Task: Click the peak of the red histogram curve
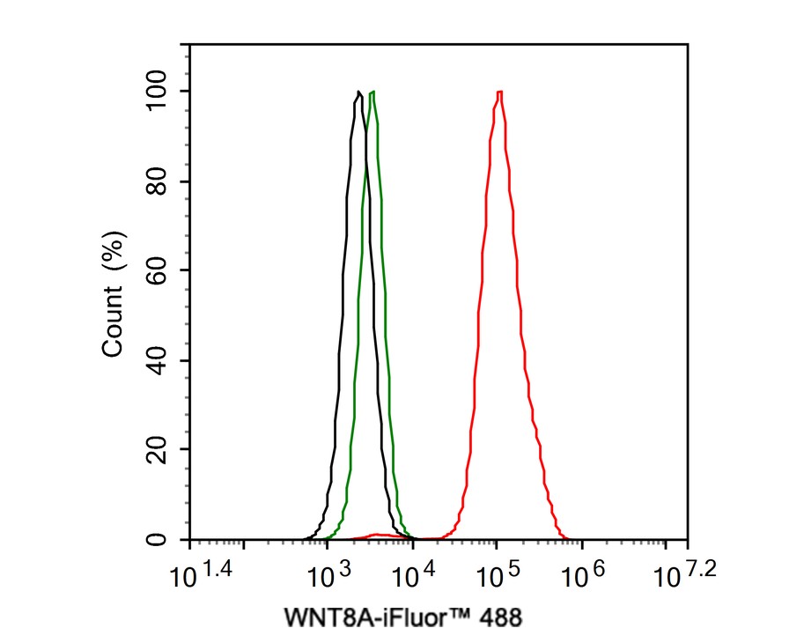click(x=499, y=92)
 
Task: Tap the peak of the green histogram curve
click(x=373, y=92)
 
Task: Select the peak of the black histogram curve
click(x=358, y=92)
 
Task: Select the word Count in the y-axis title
click(x=114, y=323)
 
